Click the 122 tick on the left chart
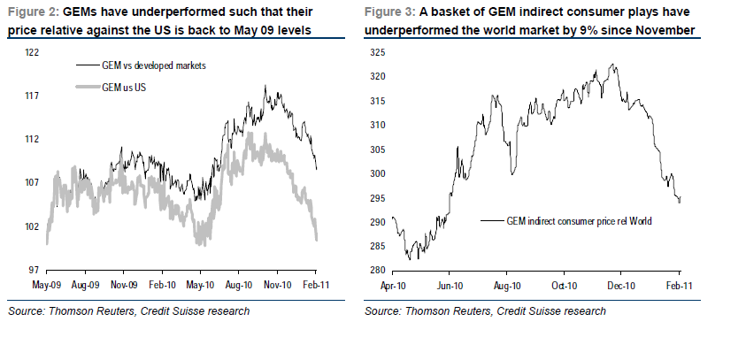tap(31, 52)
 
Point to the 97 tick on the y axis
tap(33, 270)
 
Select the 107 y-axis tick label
tap(31, 182)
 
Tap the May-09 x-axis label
tap(46, 286)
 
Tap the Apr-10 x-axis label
tap(392, 286)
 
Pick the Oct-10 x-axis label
tap(565, 286)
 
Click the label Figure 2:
tap(33, 11)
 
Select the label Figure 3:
tap(390, 11)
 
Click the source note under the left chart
tap(128, 310)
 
